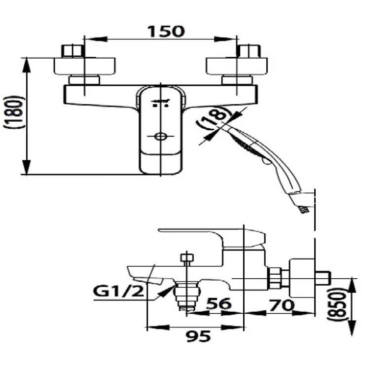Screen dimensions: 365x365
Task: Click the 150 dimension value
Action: click(x=166, y=32)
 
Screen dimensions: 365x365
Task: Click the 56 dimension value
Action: click(x=218, y=304)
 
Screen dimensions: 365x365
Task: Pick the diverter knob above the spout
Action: click(x=186, y=257)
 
